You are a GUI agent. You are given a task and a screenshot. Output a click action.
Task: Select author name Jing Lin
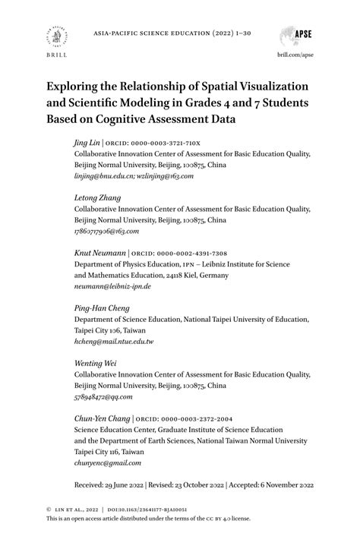[x=87, y=142]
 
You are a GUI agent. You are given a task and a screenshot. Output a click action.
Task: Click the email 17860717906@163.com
[x=106, y=231]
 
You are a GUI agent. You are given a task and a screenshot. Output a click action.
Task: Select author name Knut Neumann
[x=99, y=253]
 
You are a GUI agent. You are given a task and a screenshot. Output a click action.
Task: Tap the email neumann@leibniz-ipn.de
[x=112, y=286]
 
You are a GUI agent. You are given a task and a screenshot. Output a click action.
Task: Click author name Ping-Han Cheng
[x=101, y=308]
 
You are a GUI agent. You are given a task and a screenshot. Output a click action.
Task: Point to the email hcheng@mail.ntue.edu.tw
[x=114, y=342]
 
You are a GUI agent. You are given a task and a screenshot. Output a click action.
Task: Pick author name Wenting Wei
[x=95, y=364]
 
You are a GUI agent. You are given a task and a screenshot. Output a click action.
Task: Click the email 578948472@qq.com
[x=103, y=397]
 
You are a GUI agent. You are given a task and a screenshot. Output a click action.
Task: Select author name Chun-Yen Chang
[x=102, y=419]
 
